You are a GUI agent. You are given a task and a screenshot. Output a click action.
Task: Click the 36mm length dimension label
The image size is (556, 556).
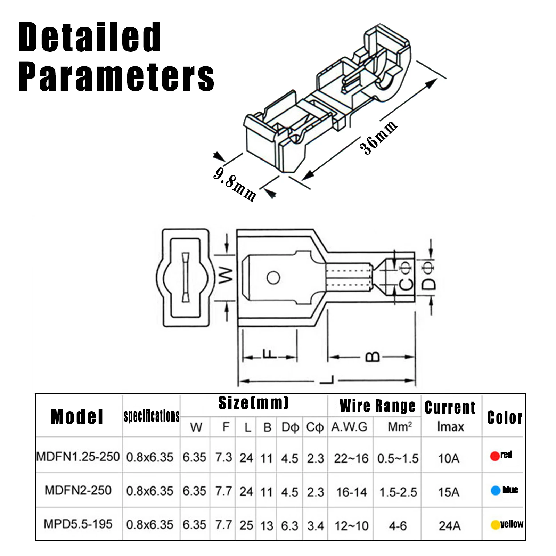pyautogui.click(x=378, y=137)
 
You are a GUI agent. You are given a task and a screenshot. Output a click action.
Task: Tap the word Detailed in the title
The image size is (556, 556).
pyautogui.click(x=90, y=37)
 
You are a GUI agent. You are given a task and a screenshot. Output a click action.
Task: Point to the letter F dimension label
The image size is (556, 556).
pyautogui.click(x=269, y=354)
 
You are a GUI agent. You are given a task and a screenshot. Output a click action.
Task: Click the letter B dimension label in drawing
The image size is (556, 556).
pyautogui.click(x=373, y=357)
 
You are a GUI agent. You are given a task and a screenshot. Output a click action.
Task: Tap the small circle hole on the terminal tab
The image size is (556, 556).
pyautogui.click(x=273, y=278)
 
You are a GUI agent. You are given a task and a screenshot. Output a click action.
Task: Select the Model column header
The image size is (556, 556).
pyautogui.click(x=77, y=417)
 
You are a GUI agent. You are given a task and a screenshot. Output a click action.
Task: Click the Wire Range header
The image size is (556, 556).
pyautogui.click(x=377, y=406)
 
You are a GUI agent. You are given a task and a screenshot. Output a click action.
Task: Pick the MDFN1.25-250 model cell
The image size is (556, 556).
pyautogui.click(x=78, y=457)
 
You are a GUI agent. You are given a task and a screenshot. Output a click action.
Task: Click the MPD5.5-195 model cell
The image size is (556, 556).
pyautogui.click(x=78, y=524)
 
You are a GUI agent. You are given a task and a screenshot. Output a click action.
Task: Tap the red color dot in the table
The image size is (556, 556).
pyautogui.click(x=494, y=456)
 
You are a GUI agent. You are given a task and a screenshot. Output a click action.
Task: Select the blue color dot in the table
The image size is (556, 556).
pyautogui.click(x=495, y=490)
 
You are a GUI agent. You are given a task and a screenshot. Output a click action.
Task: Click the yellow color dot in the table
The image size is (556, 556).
pyautogui.click(x=495, y=525)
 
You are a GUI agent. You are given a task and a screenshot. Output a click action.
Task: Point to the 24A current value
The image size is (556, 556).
pyautogui.click(x=449, y=526)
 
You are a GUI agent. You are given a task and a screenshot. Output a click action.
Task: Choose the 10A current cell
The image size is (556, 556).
pyautogui.click(x=449, y=458)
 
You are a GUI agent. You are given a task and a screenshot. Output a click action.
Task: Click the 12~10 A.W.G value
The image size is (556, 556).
pyautogui.click(x=351, y=526)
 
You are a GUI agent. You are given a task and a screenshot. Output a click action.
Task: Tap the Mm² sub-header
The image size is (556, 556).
pyautogui.click(x=400, y=427)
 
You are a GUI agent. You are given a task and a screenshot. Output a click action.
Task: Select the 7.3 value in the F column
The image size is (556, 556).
pyautogui.click(x=223, y=457)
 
